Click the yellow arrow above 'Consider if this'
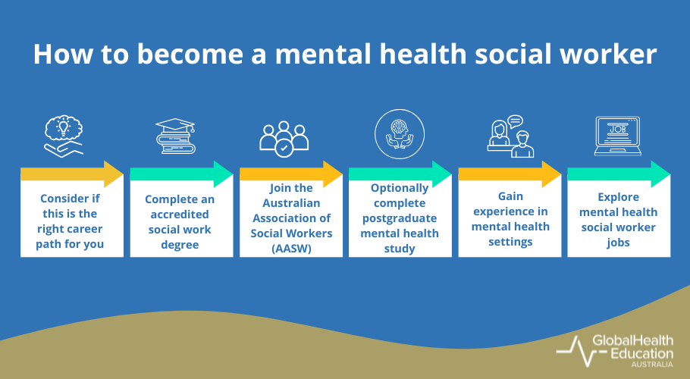coord(72,174)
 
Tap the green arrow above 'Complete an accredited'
coord(181,174)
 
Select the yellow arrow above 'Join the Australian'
coord(291,174)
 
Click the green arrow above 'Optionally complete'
coord(400,174)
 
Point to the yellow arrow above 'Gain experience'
coord(510,174)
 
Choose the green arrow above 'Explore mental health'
coord(619,174)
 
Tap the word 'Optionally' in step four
coord(400,187)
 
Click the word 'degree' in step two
coord(180,245)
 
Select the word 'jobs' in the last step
coord(618,242)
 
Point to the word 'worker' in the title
coord(609,55)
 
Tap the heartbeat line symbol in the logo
coord(572,349)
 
